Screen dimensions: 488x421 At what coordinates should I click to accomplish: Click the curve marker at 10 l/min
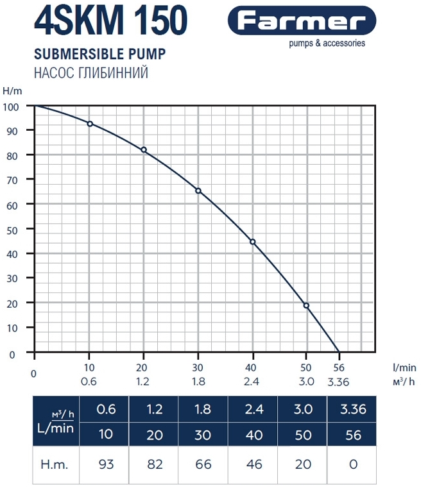click(x=90, y=124)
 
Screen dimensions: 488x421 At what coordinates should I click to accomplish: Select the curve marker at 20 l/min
click(x=144, y=149)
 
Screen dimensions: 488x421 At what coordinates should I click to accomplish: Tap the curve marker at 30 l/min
click(x=198, y=190)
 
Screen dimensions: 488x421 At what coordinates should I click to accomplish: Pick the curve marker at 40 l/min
click(x=253, y=242)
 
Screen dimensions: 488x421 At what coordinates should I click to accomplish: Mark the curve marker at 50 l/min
click(x=307, y=305)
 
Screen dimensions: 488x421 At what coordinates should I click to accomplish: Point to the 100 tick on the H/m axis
click(x=13, y=106)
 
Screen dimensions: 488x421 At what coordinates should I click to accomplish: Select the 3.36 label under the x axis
click(x=340, y=381)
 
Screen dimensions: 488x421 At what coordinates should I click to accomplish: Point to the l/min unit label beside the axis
click(x=404, y=367)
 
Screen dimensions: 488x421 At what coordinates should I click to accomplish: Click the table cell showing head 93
click(x=106, y=464)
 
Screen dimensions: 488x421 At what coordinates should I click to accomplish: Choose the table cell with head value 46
click(x=255, y=464)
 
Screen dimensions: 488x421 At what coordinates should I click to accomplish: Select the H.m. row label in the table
click(x=55, y=464)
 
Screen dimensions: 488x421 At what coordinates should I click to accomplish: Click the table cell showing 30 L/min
click(x=203, y=434)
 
